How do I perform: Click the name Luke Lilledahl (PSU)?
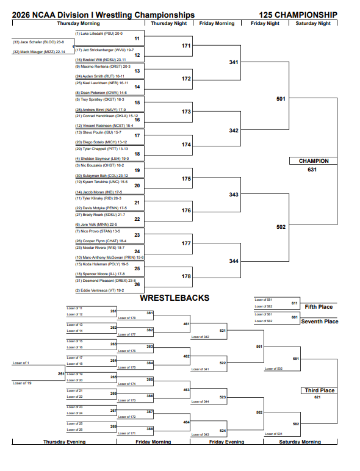98,34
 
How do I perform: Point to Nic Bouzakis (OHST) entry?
99,165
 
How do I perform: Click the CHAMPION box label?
314,161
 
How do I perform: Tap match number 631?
312,170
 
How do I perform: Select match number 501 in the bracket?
281,98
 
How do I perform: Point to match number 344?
234,261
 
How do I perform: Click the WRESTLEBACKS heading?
175,298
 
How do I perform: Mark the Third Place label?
320,390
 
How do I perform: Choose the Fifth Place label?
319,307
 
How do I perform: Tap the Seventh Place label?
320,322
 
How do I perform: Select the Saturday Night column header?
313,23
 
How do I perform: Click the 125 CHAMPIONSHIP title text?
298,15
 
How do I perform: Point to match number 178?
187,276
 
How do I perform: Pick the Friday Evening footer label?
226,442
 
